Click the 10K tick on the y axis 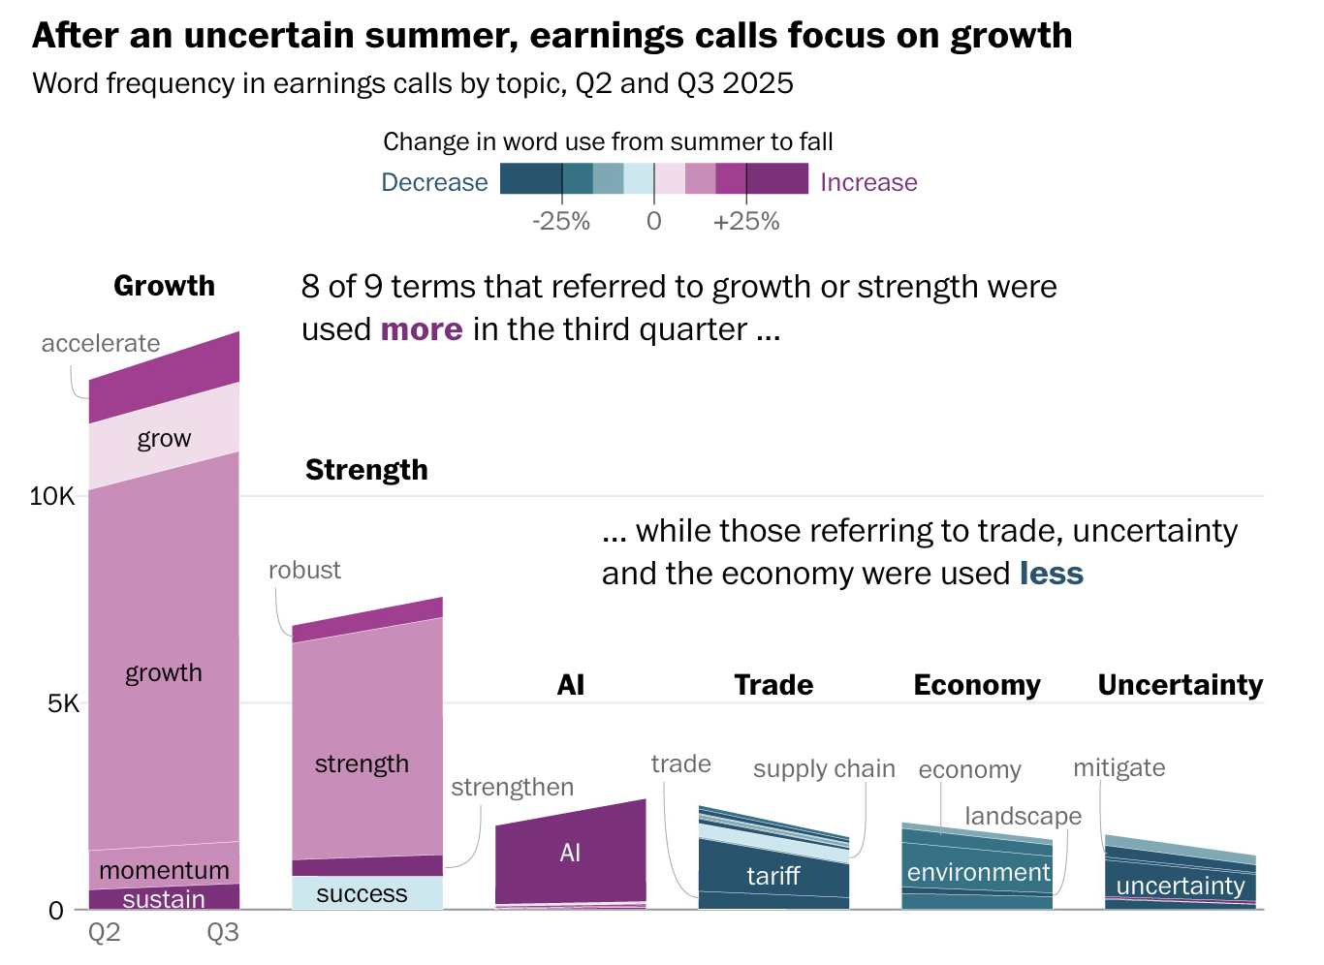[x=52, y=496]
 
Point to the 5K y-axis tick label [x=64, y=703]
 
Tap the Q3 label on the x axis [x=223, y=932]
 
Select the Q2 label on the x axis [x=105, y=932]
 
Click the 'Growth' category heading [x=164, y=286]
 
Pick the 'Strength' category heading [x=366, y=470]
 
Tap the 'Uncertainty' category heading [x=1180, y=685]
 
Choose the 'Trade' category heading [x=773, y=685]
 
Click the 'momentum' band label [x=164, y=870]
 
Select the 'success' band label [x=362, y=893]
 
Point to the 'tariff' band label [x=772, y=876]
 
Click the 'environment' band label [x=978, y=872]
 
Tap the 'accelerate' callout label [x=101, y=343]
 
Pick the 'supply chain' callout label [x=824, y=768]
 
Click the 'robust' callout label [x=304, y=570]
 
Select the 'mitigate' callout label [x=1119, y=767]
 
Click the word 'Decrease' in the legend [x=434, y=182]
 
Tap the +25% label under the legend [x=746, y=221]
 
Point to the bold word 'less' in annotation [x=1052, y=574]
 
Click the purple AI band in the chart [x=570, y=853]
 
